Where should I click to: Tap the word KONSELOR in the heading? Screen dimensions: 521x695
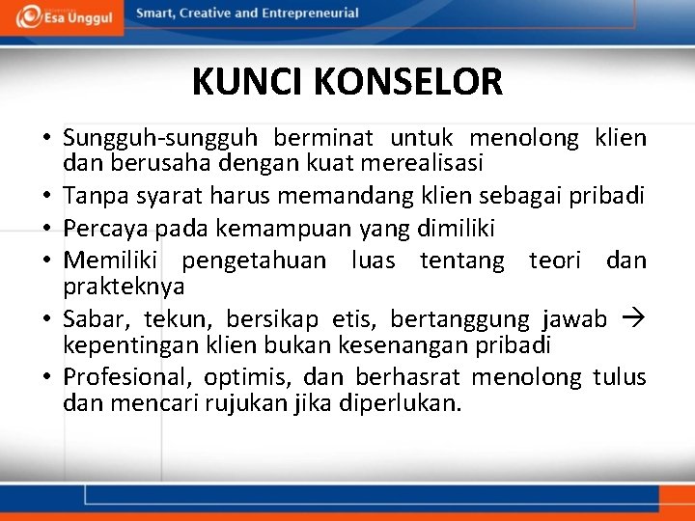409,82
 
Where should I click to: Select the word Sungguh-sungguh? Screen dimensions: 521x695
160,139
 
